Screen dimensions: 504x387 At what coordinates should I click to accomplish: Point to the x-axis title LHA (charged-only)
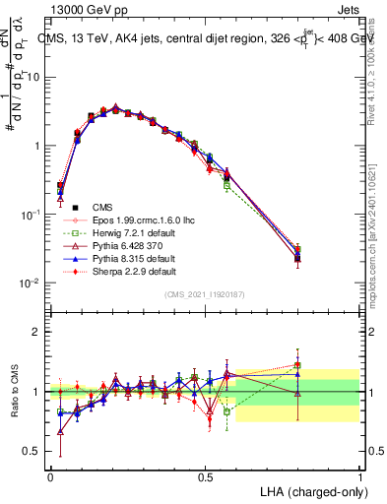pyautogui.click(x=308, y=489)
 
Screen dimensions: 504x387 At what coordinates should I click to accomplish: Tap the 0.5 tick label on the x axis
pyautogui.click(x=205, y=475)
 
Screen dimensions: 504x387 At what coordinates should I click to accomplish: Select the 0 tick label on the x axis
pyautogui.click(x=50, y=475)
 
